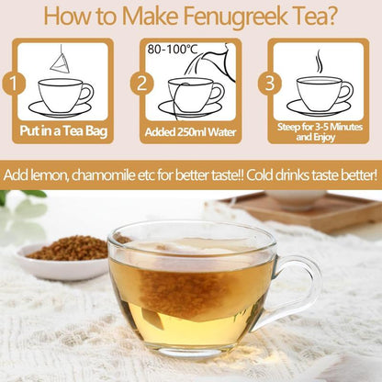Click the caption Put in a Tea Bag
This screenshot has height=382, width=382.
click(67, 129)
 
